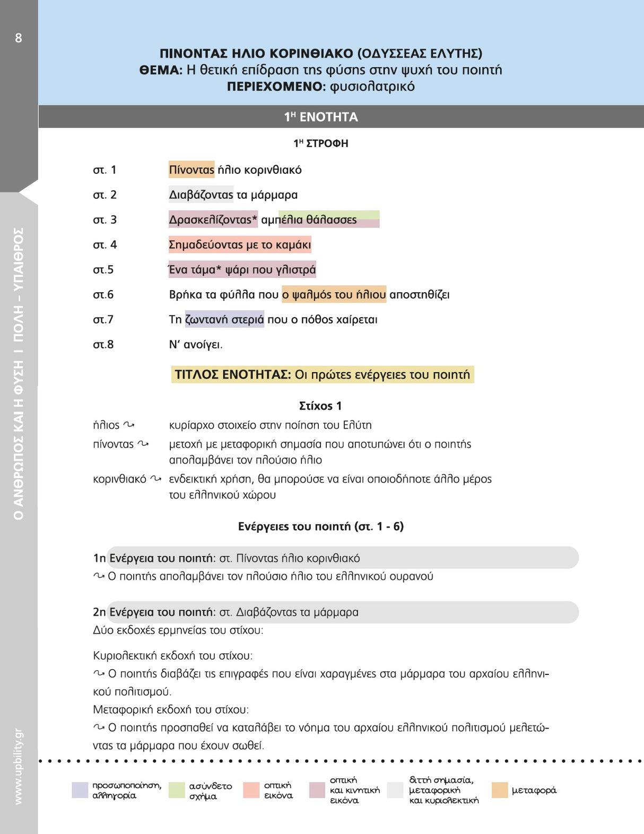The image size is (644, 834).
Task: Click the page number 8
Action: (19, 38)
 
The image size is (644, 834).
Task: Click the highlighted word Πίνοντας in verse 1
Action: (192, 170)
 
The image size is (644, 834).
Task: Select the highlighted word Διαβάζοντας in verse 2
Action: (201, 195)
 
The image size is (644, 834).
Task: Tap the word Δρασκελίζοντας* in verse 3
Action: (213, 220)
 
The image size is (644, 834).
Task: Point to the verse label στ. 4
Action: (105, 244)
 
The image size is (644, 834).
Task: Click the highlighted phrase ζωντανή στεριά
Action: (224, 319)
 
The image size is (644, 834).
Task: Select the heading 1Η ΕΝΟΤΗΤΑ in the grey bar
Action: (321, 117)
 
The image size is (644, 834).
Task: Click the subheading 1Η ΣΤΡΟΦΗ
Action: (321, 143)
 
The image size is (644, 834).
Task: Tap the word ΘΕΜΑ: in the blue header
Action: (161, 70)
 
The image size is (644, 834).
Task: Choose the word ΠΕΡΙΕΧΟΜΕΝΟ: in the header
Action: (276, 86)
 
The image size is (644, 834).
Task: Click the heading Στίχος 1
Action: (320, 406)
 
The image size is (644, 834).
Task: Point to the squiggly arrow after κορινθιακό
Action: (155, 478)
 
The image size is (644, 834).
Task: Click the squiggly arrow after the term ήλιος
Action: (129, 424)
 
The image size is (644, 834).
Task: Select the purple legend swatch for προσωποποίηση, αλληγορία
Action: (80, 790)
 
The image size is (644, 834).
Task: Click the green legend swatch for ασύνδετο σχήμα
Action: (177, 790)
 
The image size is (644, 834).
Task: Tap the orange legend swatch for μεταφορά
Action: (500, 790)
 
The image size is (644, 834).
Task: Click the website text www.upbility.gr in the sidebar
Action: (19, 766)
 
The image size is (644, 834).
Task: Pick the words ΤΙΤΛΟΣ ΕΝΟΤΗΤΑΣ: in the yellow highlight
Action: (233, 374)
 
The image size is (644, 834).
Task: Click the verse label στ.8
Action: (103, 344)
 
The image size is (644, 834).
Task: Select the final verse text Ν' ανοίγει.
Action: (195, 344)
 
